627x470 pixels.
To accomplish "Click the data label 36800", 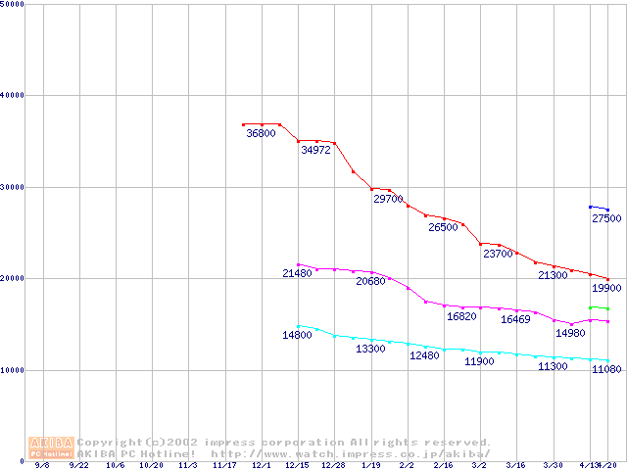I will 261,133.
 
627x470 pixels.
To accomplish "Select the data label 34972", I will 315,151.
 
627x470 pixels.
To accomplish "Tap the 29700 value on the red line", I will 388,199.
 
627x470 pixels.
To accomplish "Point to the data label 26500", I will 443,227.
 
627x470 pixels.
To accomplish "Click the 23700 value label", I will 498,254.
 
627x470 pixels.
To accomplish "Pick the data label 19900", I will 606,289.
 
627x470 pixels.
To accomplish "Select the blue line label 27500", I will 606,218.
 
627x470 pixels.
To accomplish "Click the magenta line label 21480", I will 297,273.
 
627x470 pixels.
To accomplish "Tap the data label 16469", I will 515,319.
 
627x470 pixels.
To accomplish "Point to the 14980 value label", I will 570,333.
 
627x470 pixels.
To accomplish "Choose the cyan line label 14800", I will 297,335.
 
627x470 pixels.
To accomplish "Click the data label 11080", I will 606,369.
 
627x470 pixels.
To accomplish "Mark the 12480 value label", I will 424,355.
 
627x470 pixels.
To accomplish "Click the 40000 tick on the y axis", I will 12,95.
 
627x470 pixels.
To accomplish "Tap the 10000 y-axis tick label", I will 12,369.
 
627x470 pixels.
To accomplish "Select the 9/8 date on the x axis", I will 42,466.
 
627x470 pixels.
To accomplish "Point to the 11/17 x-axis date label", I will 224,466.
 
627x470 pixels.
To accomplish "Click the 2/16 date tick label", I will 443,466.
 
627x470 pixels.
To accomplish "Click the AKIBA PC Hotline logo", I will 51,447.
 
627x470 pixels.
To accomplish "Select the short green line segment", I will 599,308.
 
